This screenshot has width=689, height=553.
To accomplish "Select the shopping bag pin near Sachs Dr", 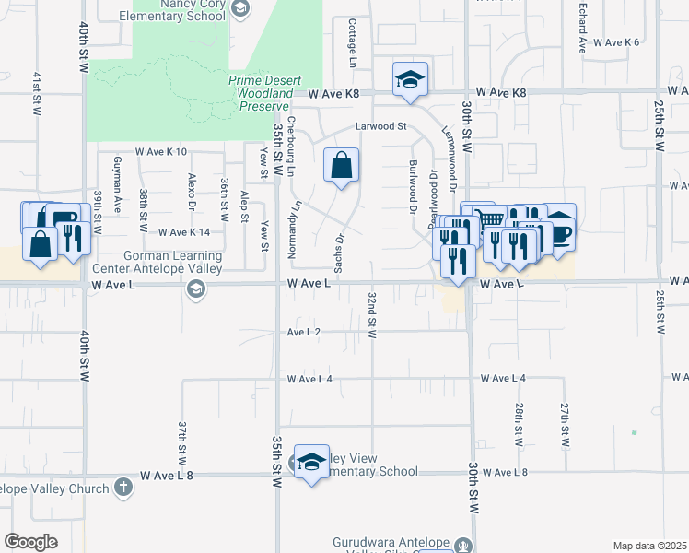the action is (x=341, y=166).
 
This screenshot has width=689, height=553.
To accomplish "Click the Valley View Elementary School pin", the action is (x=311, y=462).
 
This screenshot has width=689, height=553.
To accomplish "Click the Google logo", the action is (x=30, y=541).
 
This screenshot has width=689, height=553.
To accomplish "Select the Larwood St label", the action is (x=381, y=126).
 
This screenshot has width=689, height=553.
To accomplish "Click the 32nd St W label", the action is (x=372, y=315).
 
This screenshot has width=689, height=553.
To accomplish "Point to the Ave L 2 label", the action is (x=303, y=331).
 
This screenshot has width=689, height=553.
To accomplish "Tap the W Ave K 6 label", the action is (x=615, y=42).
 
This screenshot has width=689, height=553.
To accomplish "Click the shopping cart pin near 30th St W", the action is (x=493, y=219).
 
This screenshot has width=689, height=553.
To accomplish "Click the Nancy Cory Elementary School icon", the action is (x=240, y=8).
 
